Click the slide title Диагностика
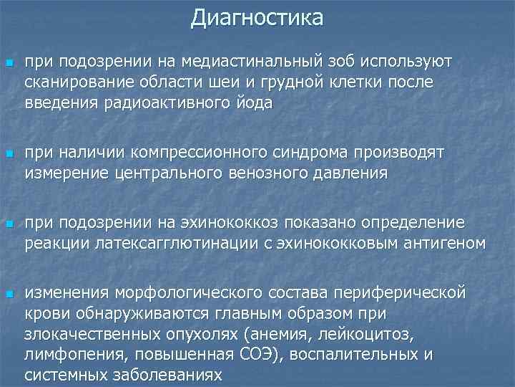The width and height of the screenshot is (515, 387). coord(257,16)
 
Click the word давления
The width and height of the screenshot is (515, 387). coord(351,173)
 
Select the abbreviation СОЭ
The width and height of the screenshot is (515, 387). coord(252,354)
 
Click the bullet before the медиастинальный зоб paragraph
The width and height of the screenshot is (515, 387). coord(9,63)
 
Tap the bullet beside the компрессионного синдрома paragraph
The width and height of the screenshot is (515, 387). coord(9,154)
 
